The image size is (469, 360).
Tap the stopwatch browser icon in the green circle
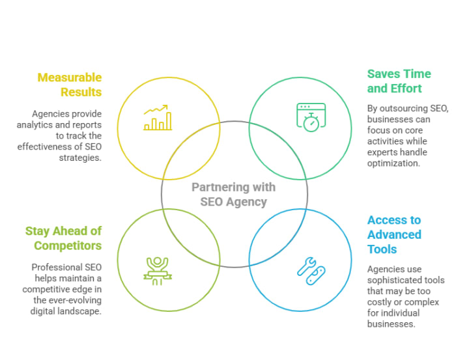311,117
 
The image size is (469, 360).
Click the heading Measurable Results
70,85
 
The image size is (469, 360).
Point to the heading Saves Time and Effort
399,81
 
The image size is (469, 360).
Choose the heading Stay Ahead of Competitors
63,238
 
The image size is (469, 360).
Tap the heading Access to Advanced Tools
394,234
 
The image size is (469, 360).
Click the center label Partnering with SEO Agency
233,194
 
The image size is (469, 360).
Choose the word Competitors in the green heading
68,245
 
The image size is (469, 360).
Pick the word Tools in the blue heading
382,249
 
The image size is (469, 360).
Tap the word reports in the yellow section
87,125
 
